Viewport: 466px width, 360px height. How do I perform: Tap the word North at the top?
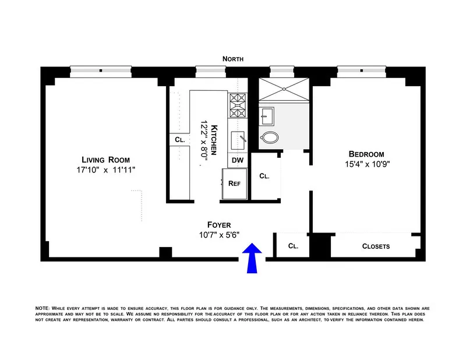(x=232, y=59)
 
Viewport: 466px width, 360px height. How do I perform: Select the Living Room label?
(x=105, y=160)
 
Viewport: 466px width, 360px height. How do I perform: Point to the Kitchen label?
(x=214, y=140)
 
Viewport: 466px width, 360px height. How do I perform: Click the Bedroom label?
(x=366, y=154)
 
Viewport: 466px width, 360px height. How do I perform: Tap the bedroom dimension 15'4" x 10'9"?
(x=366, y=164)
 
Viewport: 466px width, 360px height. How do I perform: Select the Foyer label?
(x=220, y=224)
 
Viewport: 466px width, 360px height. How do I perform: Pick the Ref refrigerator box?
(x=235, y=183)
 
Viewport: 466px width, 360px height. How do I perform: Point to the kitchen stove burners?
(x=238, y=105)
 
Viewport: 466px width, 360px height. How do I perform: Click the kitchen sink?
(x=239, y=139)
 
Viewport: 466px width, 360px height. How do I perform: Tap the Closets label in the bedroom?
(x=376, y=246)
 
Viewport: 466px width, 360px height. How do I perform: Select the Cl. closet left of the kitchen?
(x=179, y=140)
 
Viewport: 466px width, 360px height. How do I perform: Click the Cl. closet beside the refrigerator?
(x=264, y=175)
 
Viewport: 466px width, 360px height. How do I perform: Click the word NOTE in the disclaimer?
(x=42, y=308)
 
